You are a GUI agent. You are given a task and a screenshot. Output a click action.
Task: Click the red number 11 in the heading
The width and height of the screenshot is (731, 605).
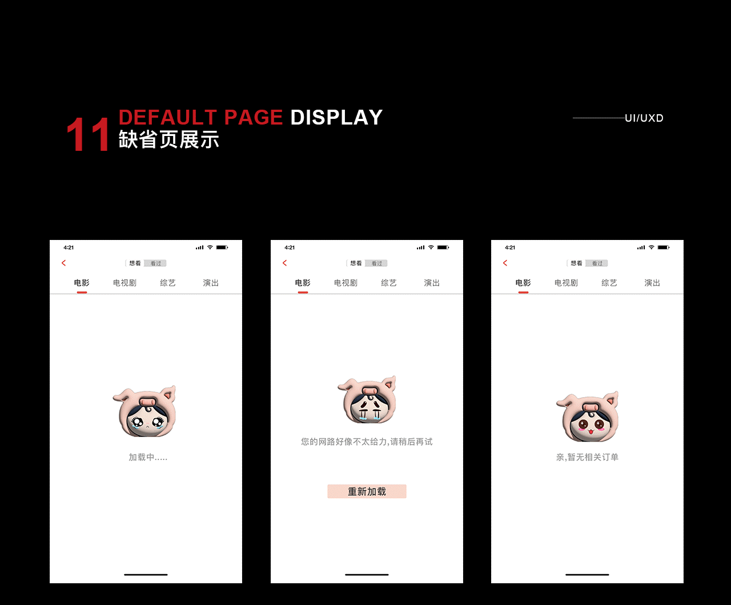tap(87, 135)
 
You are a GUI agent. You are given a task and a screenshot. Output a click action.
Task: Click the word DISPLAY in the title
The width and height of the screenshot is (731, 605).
tap(336, 118)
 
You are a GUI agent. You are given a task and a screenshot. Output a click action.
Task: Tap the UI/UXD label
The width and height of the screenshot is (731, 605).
tap(644, 118)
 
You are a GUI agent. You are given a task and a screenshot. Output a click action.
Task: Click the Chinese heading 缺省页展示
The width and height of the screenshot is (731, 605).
tap(169, 140)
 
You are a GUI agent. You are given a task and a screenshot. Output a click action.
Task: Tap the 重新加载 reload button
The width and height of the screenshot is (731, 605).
tap(367, 491)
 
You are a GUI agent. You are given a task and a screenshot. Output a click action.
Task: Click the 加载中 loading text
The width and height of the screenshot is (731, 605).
tap(148, 457)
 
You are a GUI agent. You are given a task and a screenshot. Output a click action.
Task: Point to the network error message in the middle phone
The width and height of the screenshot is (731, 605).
tap(367, 442)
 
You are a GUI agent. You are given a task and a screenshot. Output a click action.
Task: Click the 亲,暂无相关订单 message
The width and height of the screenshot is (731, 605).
tap(587, 457)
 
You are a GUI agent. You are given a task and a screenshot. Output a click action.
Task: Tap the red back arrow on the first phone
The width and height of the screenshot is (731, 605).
tap(64, 263)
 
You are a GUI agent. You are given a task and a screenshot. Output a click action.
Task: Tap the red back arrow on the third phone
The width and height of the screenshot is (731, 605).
tap(505, 263)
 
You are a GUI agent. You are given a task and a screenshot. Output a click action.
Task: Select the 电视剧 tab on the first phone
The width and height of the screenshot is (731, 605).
tap(124, 283)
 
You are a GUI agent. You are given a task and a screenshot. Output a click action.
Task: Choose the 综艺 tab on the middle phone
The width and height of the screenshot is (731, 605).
tap(389, 283)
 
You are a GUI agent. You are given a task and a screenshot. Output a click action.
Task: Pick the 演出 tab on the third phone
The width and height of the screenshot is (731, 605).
tap(652, 283)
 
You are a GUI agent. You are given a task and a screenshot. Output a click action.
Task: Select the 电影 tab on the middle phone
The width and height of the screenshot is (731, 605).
tap(303, 283)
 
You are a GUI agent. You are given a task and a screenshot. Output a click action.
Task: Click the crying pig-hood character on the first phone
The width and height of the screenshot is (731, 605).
tap(145, 412)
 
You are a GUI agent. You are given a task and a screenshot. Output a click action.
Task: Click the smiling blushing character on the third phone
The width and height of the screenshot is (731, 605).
tap(588, 417)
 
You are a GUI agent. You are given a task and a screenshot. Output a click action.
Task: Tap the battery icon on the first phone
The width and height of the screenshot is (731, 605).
tap(222, 247)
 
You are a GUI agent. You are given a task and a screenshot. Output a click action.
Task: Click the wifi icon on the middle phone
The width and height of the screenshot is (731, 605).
tap(431, 247)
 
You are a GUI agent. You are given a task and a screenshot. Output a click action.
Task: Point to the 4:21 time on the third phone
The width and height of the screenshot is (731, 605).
tap(510, 247)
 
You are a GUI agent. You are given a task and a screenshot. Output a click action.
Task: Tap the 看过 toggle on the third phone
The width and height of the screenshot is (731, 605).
tap(597, 263)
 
